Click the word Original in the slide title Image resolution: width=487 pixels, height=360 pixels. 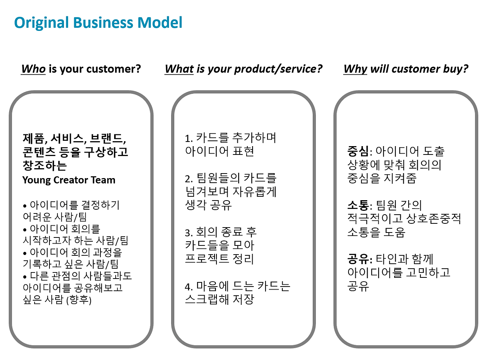41,23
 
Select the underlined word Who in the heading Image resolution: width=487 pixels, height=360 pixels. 33,69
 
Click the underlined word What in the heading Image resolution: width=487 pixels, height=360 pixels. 179,69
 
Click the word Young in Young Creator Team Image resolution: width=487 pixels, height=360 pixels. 37,180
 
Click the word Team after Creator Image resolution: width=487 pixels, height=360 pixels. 103,180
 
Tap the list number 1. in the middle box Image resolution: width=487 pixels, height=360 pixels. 189,139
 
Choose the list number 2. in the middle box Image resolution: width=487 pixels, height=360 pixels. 189,179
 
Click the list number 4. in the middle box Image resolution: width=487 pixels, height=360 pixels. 189,287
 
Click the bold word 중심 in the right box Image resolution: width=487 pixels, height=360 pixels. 358,151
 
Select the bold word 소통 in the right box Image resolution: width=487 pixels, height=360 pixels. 358,205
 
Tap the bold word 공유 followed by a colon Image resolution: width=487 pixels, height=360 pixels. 358,259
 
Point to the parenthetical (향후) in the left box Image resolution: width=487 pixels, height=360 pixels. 79,300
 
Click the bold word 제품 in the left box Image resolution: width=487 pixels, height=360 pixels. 33,139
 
